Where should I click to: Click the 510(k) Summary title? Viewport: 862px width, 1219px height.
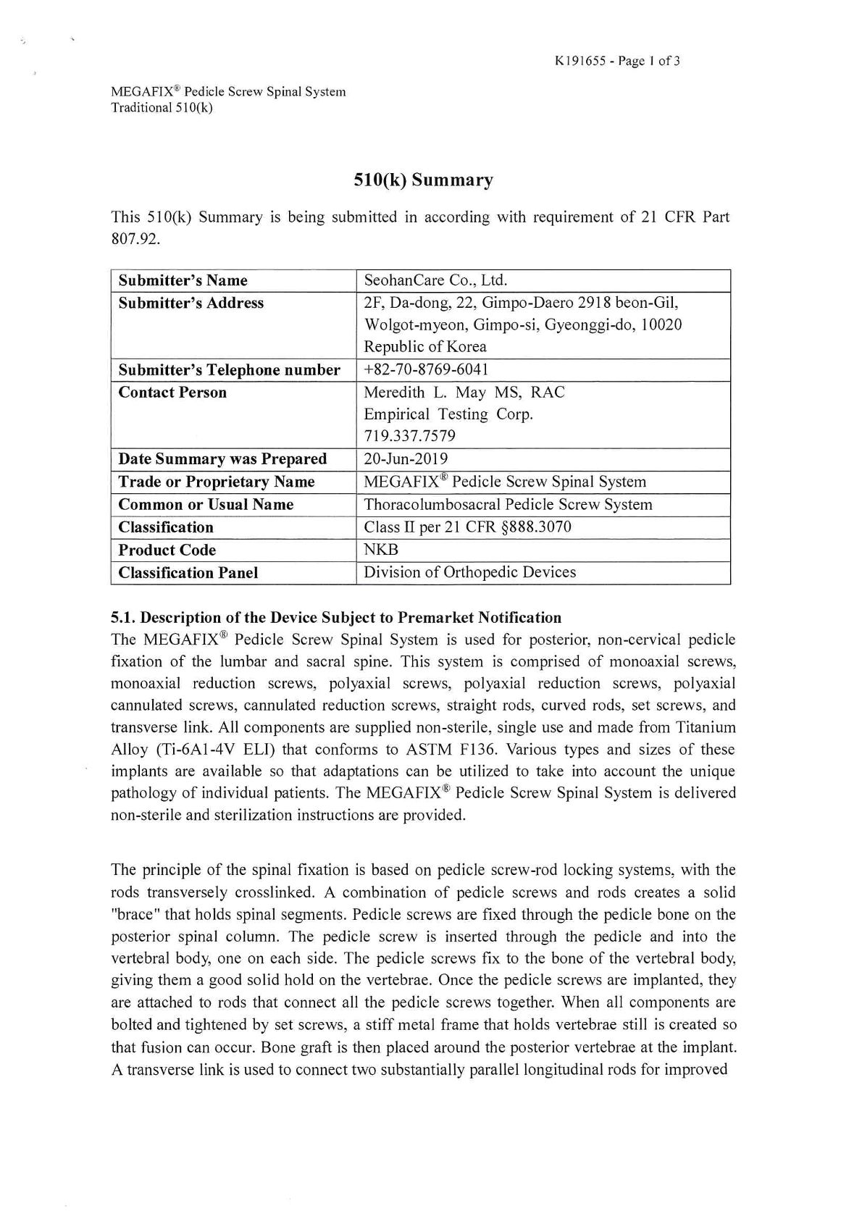pyautogui.click(x=423, y=180)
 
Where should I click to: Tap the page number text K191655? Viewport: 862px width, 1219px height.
pyautogui.click(x=580, y=61)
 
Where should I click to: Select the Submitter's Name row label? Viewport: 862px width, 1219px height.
pyautogui.click(x=183, y=280)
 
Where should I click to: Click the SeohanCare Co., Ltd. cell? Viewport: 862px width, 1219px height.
pyautogui.click(x=435, y=280)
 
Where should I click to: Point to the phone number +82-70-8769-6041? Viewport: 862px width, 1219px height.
pyautogui.click(x=426, y=369)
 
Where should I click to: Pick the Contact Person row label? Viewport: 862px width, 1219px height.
pyautogui.click(x=172, y=393)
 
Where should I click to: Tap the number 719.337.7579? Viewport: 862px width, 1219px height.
pyautogui.click(x=409, y=436)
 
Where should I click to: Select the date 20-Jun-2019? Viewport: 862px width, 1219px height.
pyautogui.click(x=406, y=459)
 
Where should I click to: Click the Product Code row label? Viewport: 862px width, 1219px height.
pyautogui.click(x=167, y=550)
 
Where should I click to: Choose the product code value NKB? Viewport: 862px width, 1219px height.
pyautogui.click(x=381, y=550)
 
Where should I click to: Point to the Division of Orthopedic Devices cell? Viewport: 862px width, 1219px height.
pyautogui.click(x=469, y=572)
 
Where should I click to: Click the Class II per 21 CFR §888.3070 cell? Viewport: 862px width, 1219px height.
pyautogui.click(x=467, y=527)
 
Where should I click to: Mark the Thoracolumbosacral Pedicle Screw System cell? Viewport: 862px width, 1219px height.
pyautogui.click(x=508, y=504)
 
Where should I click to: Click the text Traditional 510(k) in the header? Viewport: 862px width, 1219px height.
pyautogui.click(x=162, y=108)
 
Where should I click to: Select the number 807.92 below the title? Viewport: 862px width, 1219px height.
pyautogui.click(x=135, y=239)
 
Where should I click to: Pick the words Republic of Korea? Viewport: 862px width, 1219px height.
pyautogui.click(x=425, y=346)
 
